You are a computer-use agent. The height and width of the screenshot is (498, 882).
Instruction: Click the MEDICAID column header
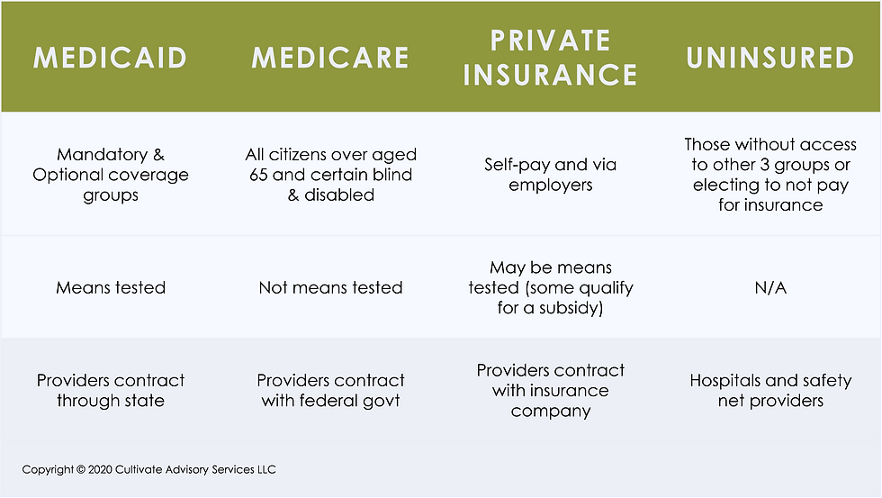[x=110, y=58]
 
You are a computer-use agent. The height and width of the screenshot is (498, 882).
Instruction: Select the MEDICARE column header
[x=331, y=58]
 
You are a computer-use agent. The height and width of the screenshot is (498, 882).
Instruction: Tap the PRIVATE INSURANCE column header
[x=550, y=58]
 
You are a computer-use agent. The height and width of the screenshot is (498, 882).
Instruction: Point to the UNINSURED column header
[x=770, y=58]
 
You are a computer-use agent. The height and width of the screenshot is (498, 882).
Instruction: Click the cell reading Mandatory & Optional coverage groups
[x=110, y=175]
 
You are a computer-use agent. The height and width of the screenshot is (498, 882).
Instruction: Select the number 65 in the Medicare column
[x=259, y=175]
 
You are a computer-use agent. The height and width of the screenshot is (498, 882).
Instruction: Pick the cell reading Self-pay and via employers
[x=550, y=175]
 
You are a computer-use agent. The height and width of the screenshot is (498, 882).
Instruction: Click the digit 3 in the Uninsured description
[x=764, y=165]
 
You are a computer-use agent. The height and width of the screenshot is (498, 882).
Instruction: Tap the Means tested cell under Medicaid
[x=110, y=287]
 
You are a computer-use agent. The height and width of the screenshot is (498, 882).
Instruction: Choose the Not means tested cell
[x=331, y=287]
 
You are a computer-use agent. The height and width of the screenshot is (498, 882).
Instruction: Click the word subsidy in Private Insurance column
[x=571, y=308]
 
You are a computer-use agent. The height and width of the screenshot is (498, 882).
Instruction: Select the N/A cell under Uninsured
[x=770, y=287]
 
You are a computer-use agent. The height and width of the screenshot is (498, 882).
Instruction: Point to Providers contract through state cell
[x=110, y=391]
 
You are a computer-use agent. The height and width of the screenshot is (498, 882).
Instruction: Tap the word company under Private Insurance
[x=551, y=412]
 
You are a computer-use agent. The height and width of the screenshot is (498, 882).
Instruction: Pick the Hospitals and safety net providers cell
[x=770, y=391]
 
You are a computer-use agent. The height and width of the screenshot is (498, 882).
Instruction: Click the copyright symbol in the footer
[x=80, y=469]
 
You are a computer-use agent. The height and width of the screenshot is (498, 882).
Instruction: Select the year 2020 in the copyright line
[x=100, y=469]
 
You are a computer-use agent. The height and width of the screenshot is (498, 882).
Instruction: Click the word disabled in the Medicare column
[x=339, y=195]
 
